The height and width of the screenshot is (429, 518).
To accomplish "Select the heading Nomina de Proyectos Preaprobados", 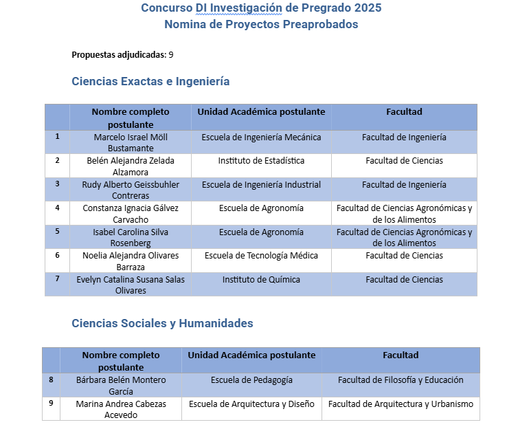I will click(261, 25).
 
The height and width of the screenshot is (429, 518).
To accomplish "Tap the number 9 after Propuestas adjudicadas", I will click(171, 54).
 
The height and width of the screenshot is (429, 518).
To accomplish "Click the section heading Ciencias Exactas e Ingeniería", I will click(150, 81).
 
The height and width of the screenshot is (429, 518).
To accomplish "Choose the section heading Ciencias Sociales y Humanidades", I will click(162, 323).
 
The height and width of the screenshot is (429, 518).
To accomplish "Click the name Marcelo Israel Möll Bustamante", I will click(131, 142).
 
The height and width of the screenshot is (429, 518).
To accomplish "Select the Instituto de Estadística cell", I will click(261, 161).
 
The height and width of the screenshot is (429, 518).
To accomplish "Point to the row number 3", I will click(58, 184).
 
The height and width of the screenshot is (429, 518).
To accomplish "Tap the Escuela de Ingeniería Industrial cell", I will click(261, 185).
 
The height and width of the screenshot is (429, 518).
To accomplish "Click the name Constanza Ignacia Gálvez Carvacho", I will click(131, 214).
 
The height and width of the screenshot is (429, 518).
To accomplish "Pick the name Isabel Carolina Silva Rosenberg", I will click(131, 237).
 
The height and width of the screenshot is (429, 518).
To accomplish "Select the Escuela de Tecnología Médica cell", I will click(261, 256).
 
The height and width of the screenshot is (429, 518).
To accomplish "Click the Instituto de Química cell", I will click(261, 280).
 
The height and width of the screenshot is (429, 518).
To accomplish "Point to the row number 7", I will click(58, 278).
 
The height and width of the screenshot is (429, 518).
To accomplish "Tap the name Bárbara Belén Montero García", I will click(120, 385).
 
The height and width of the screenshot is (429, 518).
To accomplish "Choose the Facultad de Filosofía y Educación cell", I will click(401, 380).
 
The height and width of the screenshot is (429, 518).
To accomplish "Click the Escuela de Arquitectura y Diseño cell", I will click(251, 404).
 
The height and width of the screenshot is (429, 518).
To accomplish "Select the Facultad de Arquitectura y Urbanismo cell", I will click(401, 404).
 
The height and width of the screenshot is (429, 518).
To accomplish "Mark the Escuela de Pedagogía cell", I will click(251, 380).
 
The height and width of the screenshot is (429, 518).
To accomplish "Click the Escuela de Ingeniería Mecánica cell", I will click(261, 137).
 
